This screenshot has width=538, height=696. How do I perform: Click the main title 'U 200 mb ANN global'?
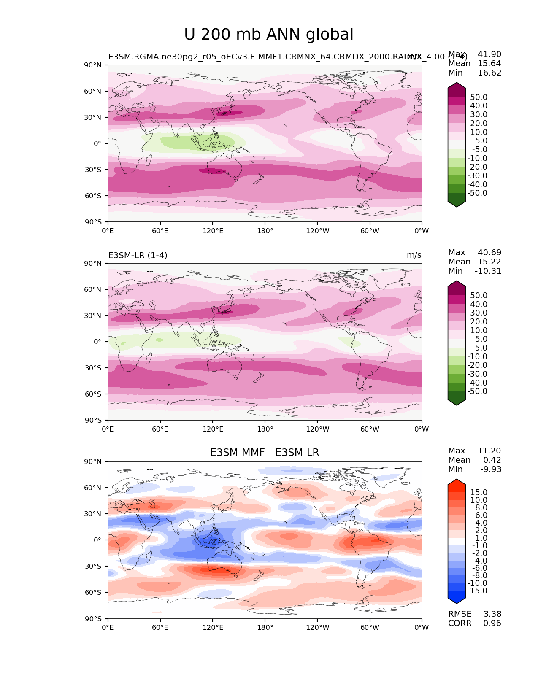coord(269,35)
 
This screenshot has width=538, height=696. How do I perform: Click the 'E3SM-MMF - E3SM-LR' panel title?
coord(265,453)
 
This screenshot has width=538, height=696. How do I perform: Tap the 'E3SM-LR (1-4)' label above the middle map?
coord(138,255)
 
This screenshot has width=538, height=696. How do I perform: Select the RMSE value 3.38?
coord(492,614)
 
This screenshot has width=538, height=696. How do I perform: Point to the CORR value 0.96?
coord(492,623)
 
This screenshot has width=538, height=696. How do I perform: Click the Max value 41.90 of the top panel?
coord(489,54)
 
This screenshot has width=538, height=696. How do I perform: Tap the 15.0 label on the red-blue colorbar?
coord(479,493)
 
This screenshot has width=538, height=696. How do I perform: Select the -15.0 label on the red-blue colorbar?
coord(477,591)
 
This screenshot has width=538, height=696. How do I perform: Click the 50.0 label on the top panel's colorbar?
coord(479,97)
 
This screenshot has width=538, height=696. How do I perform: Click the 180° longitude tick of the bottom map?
coord(265,628)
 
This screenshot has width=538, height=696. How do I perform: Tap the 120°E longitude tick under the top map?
coord(213,231)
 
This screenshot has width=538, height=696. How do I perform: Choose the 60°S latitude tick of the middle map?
coord(93,394)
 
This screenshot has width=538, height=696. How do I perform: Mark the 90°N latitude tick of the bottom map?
coord(93,462)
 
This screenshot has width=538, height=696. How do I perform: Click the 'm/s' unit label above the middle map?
coord(414,255)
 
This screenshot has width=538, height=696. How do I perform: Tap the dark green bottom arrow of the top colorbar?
coord(457,202)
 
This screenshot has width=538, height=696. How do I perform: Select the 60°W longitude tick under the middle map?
coord(370,429)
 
